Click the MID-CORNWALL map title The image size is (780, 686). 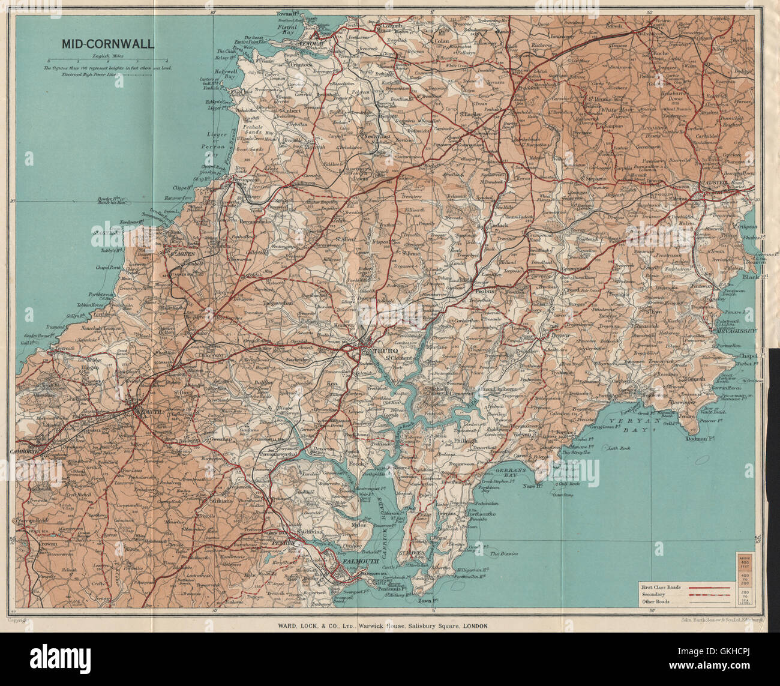106,44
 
